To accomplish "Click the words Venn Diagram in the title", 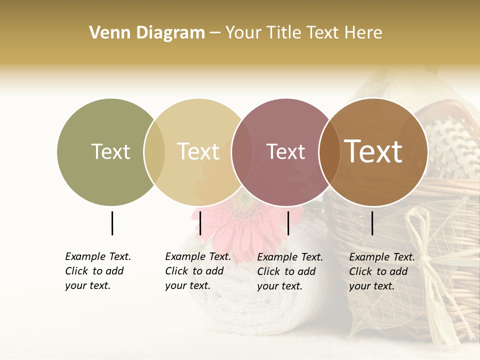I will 147,33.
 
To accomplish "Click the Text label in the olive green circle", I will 110,151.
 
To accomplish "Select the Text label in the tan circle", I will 198,151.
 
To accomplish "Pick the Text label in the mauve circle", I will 285,152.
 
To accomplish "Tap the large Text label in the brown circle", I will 373,151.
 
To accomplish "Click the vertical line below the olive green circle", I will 112,223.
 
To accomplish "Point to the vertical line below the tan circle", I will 200,223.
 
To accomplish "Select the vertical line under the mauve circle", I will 288,223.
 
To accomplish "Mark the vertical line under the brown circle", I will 372,223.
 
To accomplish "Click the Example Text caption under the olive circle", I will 98,271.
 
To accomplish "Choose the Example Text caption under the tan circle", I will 198,271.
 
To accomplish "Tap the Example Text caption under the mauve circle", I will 290,271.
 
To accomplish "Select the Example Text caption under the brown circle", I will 382,271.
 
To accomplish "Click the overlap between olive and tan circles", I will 154,152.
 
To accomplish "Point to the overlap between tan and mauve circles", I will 242,152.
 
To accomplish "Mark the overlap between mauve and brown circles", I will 329,152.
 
